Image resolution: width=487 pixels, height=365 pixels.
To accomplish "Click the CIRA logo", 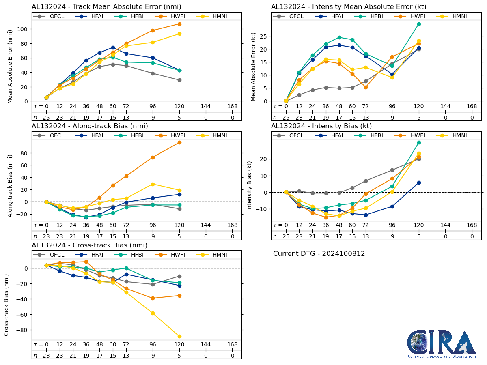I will (442, 344).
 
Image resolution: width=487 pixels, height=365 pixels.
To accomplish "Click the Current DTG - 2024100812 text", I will (319, 254).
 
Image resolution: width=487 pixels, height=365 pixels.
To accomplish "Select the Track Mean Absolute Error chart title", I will (106, 6).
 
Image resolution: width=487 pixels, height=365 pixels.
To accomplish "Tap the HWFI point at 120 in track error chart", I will (179, 24).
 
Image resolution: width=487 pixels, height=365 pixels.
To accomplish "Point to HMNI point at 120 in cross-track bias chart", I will (179, 336).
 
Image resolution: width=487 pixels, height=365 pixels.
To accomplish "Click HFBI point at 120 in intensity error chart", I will (419, 24).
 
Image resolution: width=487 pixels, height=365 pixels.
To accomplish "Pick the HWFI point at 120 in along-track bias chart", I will (179, 142).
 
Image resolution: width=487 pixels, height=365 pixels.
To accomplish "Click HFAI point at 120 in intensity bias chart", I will (419, 182).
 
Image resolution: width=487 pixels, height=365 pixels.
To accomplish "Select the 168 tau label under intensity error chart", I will (472, 106).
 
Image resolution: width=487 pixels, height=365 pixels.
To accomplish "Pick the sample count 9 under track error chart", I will (153, 118).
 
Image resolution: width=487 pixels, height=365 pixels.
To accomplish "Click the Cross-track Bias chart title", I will (89, 245).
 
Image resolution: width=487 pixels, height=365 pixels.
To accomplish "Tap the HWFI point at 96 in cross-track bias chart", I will (153, 298).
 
